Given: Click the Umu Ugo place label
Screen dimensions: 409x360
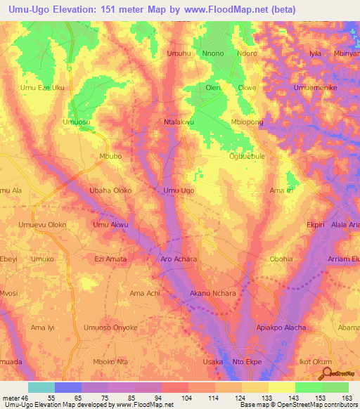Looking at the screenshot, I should [179, 190].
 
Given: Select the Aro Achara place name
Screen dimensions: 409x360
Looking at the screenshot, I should [179, 259].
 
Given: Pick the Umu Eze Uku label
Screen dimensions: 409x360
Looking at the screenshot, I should [42, 88].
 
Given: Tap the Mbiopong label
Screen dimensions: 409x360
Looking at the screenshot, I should [247, 122].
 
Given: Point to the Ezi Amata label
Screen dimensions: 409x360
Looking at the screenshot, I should [110, 259].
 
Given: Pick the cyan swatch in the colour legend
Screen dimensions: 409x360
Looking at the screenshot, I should [41, 387].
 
